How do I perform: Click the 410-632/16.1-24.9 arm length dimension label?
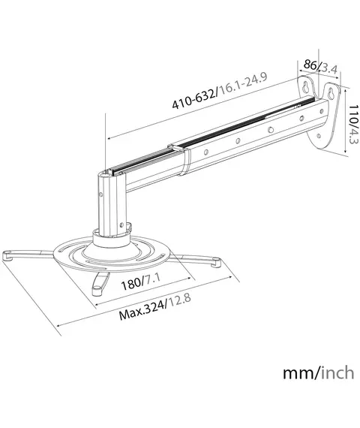[x=220, y=90]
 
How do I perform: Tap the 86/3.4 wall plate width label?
[x=320, y=67]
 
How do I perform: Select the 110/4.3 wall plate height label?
[x=353, y=125]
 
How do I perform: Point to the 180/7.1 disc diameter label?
[x=141, y=282]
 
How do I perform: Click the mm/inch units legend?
[x=318, y=373]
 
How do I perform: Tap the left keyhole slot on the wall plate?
[x=306, y=87]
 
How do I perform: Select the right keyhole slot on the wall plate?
[x=331, y=94]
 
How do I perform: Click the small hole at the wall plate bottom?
[x=318, y=136]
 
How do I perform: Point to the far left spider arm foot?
[x=8, y=256]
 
